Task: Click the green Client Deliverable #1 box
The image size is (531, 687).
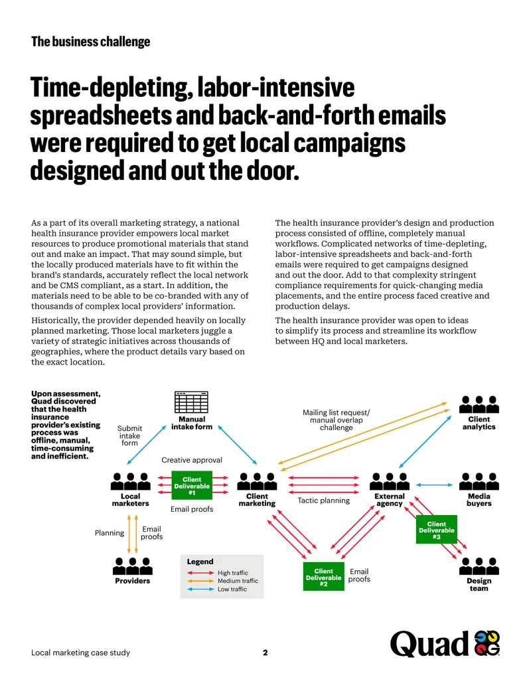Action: (x=192, y=485)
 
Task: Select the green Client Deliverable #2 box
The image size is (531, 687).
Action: (x=324, y=577)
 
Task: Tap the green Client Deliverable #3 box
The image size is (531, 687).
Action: (x=436, y=529)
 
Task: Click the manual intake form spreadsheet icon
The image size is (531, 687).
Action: (x=191, y=402)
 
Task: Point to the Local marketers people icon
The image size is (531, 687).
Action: (x=131, y=481)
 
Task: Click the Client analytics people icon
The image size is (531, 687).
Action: (x=479, y=404)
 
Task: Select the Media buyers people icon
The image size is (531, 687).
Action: (x=479, y=481)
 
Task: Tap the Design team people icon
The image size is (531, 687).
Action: (x=479, y=566)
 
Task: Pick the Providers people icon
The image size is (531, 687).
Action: (x=132, y=566)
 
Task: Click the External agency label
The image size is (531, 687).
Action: (x=390, y=500)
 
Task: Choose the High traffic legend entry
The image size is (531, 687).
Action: (x=217, y=573)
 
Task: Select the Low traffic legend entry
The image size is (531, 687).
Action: (x=216, y=589)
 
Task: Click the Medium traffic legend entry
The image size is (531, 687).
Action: (x=222, y=581)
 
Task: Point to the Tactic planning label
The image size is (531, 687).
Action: (x=324, y=500)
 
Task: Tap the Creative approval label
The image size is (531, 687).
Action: (x=192, y=460)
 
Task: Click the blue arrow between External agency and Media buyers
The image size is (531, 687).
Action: (x=434, y=485)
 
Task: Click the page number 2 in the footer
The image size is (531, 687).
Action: (x=265, y=652)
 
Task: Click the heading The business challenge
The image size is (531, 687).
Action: (x=91, y=42)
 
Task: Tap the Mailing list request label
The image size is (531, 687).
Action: (x=336, y=413)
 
